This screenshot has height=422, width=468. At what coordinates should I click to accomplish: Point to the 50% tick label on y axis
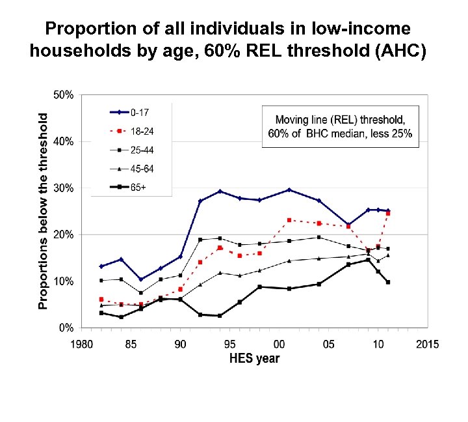[63, 95]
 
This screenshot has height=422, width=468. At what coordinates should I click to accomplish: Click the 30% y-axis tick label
[63, 188]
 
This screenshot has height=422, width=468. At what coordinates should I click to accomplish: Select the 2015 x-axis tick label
[427, 343]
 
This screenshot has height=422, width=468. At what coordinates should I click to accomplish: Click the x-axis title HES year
[253, 359]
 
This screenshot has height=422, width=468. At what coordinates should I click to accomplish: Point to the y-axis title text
[43, 211]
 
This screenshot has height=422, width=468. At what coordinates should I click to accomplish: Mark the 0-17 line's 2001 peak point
[289, 190]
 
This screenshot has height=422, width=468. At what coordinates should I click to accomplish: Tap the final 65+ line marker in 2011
[388, 282]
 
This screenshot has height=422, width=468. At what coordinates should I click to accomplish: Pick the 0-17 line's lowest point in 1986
[140, 279]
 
